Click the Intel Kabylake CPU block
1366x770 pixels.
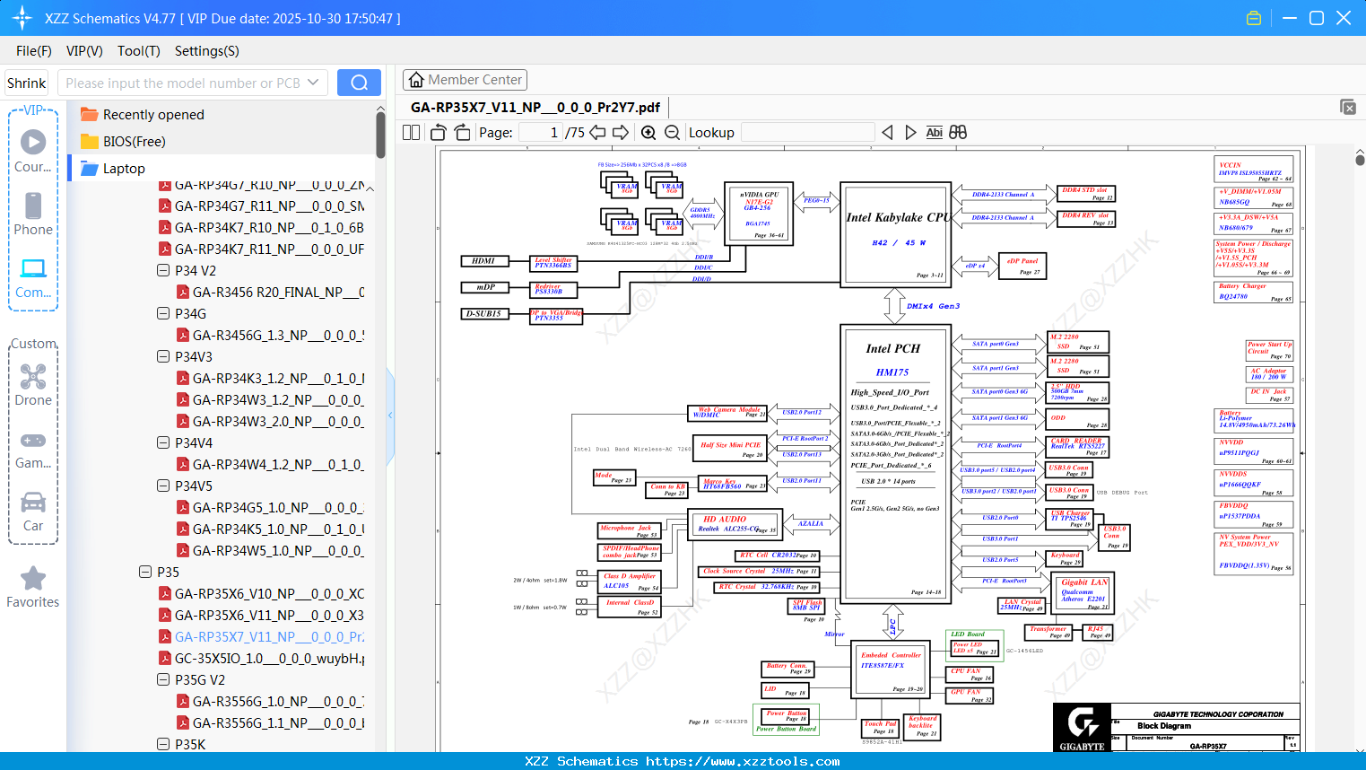895,234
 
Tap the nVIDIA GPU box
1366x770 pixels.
758,213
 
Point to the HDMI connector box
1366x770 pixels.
484,261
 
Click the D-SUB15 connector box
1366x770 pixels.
484,314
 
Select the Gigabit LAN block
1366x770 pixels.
1084,592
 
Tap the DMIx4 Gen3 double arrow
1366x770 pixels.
894,306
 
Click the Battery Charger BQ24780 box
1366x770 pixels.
1254,292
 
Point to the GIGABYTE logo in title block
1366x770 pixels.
1082,727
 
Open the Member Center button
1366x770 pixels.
465,80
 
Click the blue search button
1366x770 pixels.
359,83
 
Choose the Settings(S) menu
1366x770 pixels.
206,51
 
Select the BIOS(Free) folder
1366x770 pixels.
134,142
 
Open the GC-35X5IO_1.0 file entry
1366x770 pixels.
269,658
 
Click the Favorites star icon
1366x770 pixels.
33,579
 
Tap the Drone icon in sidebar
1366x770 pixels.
33,377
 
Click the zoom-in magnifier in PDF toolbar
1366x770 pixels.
648,133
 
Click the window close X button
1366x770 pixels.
1344,18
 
